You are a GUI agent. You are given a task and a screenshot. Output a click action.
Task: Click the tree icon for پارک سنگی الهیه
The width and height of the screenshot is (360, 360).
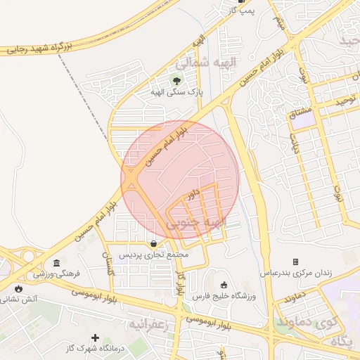(176, 80)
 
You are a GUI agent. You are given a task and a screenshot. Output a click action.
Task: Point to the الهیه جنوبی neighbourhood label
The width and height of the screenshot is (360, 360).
(197, 224)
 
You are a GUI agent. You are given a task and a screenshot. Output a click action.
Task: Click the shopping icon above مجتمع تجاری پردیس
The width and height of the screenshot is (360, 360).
(154, 243)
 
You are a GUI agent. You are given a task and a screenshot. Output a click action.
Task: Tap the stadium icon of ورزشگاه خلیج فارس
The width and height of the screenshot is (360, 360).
(224, 285)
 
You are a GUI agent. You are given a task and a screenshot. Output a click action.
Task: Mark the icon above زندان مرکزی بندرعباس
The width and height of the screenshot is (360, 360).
(295, 262)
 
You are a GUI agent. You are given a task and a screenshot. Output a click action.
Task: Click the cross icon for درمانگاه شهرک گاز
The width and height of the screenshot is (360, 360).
(96, 338)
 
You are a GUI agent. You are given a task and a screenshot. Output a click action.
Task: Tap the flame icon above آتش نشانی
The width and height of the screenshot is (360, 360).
(18, 288)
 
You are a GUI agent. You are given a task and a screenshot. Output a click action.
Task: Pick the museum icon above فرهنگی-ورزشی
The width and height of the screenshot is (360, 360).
(56, 262)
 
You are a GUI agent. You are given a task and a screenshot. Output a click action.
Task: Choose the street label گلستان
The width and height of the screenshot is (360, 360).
(109, 264)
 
